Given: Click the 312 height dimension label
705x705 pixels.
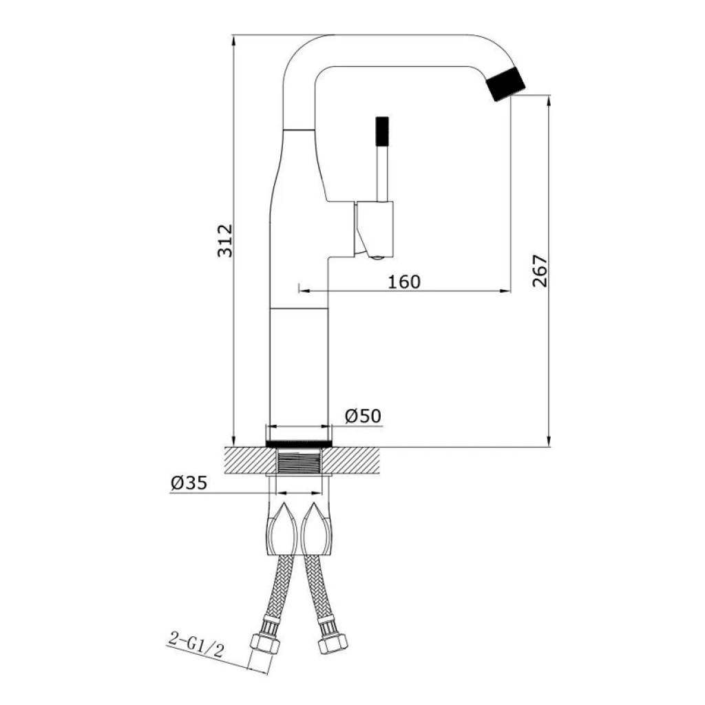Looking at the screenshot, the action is (225, 240).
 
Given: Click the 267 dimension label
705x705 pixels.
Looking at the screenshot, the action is (540, 271).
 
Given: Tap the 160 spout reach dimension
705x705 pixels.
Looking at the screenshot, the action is (404, 282).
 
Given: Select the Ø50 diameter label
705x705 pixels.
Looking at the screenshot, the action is (363, 416).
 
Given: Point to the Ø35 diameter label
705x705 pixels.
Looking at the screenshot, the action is (189, 483).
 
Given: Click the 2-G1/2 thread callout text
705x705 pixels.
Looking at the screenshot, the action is (196, 645).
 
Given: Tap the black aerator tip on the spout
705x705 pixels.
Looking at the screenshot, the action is (506, 83).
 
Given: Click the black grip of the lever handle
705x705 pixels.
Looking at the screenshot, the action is (382, 131).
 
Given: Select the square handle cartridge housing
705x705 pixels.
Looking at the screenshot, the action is (375, 229).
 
